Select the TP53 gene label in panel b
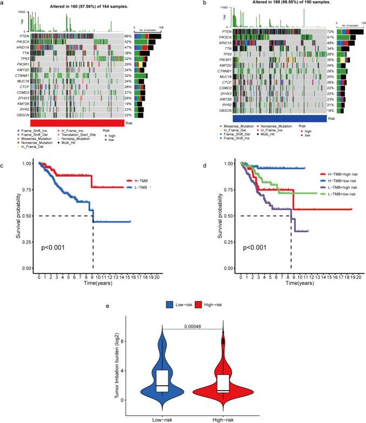pos(224,55)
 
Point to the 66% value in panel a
pos(128,36)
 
